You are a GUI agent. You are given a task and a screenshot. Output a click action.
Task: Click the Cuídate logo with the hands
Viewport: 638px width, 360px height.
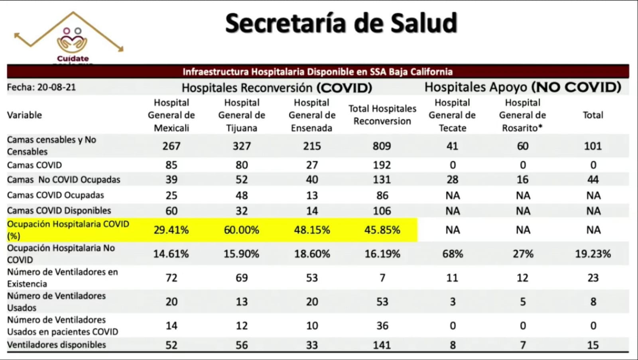point(72,40)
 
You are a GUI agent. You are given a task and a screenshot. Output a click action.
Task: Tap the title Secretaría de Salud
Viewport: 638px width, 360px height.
point(341,23)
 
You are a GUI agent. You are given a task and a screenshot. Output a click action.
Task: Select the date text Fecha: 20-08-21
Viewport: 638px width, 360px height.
point(41,87)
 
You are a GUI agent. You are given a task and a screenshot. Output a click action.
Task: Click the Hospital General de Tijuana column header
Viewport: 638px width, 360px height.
point(242,115)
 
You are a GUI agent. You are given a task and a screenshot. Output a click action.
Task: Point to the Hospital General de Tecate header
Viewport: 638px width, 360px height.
point(452,115)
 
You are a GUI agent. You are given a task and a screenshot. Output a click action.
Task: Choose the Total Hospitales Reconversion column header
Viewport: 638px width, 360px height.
point(382,115)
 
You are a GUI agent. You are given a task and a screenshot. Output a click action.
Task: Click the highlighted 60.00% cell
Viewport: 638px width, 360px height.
point(241,230)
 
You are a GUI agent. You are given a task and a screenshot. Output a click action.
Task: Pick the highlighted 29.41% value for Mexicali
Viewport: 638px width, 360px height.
point(171,230)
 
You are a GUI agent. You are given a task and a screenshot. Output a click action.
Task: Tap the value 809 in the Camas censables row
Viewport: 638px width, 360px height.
point(382,146)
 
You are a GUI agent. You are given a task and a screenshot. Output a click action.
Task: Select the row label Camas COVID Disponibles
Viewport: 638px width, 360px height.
point(59,210)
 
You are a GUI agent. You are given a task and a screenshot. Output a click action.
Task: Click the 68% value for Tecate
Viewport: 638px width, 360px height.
point(453,254)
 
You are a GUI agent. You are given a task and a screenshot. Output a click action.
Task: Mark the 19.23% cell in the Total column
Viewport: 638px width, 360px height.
point(593,254)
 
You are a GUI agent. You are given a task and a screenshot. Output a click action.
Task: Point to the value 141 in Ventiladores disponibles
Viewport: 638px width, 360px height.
point(382,345)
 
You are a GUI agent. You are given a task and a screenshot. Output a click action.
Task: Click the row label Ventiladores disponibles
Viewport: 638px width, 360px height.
point(57,345)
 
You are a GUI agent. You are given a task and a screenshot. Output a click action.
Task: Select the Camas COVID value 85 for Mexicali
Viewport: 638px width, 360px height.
point(171,165)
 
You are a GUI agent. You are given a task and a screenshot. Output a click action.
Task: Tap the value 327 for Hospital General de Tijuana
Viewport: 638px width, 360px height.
point(242,146)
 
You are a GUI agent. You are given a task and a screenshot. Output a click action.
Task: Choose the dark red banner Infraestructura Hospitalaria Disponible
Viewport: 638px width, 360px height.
point(318,72)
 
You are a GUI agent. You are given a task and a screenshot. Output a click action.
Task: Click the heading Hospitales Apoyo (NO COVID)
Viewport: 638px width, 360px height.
point(522,87)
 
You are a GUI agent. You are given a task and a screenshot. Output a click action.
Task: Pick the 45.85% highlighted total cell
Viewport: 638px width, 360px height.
point(382,230)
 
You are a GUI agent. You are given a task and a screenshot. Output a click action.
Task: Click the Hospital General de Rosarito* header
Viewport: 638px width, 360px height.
point(522,115)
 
